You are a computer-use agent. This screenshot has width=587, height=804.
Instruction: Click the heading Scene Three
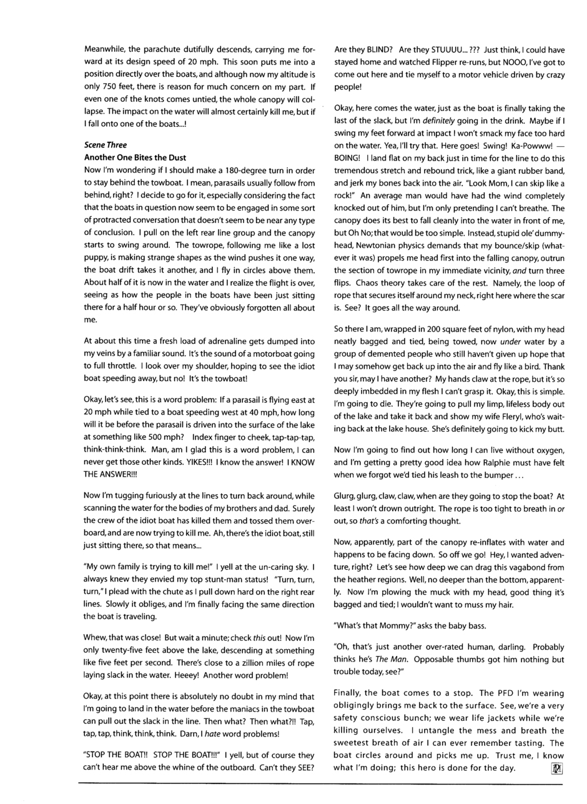pos(106,145)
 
